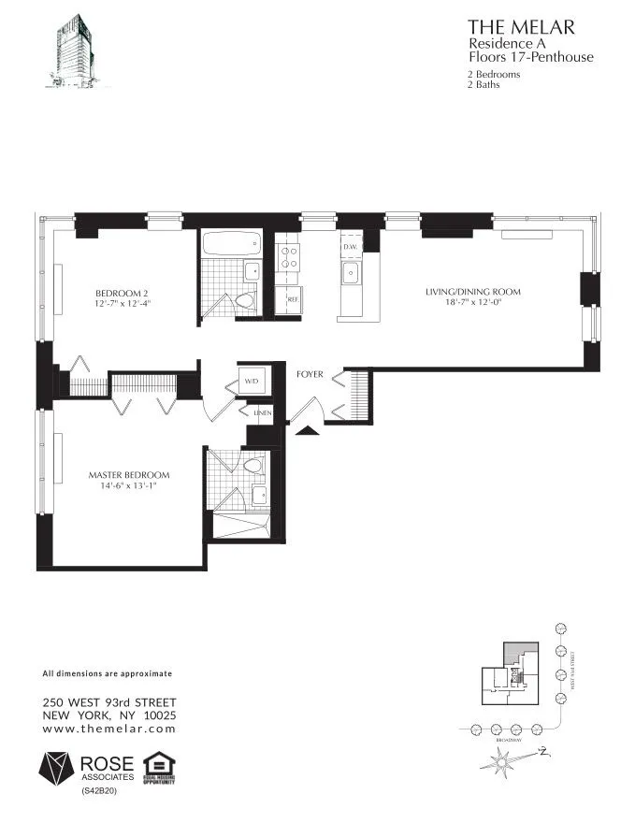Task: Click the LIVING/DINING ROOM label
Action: [x=472, y=292]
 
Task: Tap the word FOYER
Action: [x=310, y=375]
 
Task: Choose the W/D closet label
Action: [x=253, y=382]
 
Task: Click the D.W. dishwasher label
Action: [x=350, y=246]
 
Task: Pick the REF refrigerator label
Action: [x=292, y=300]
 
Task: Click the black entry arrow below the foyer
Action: [x=306, y=430]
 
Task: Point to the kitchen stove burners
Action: [x=288, y=258]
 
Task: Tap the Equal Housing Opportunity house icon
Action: [x=156, y=763]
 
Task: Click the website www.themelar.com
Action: [x=109, y=728]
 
